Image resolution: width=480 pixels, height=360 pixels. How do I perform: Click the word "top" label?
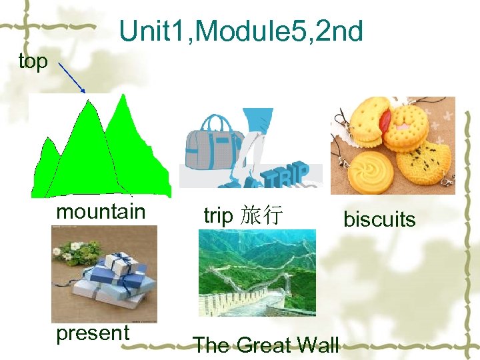point(33,61)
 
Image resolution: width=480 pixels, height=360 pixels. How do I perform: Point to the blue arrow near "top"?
point(72,79)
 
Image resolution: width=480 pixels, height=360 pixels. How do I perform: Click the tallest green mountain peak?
point(122,100)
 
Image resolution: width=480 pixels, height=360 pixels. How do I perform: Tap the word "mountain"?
point(101,211)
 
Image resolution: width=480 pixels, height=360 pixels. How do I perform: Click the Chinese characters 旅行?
point(263,215)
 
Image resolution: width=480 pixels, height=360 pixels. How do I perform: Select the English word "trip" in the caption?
point(218,215)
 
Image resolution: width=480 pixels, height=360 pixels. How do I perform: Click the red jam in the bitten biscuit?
point(385,121)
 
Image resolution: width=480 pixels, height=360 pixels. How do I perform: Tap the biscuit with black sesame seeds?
point(425,160)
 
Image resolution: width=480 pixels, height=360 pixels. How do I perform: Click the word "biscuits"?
point(379,219)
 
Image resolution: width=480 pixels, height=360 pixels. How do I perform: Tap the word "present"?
point(93,333)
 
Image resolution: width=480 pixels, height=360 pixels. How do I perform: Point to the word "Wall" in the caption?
point(317,345)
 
